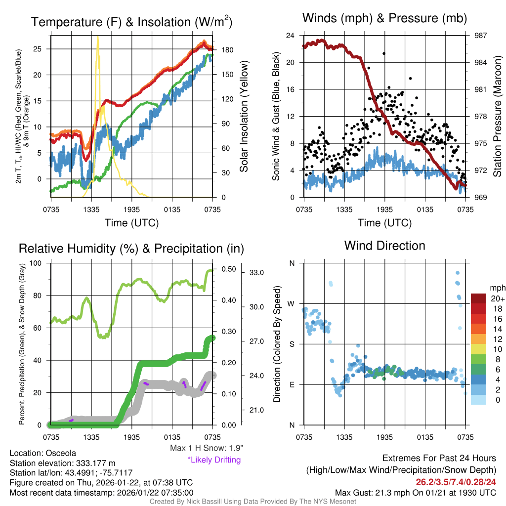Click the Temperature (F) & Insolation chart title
pos(132,22)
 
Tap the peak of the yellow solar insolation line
pos(98,37)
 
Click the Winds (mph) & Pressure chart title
pos(384,19)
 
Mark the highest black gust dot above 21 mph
pos(384,53)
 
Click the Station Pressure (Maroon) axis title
pos(498,116)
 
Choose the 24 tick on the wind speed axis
pos(291,36)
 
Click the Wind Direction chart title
pos(384,246)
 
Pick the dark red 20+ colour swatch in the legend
pos(478,298)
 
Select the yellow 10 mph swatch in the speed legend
pos(478,349)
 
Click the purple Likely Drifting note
pos(214,460)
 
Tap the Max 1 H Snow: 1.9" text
pos(206,448)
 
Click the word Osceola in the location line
pos(61,453)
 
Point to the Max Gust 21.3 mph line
pos(416,492)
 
